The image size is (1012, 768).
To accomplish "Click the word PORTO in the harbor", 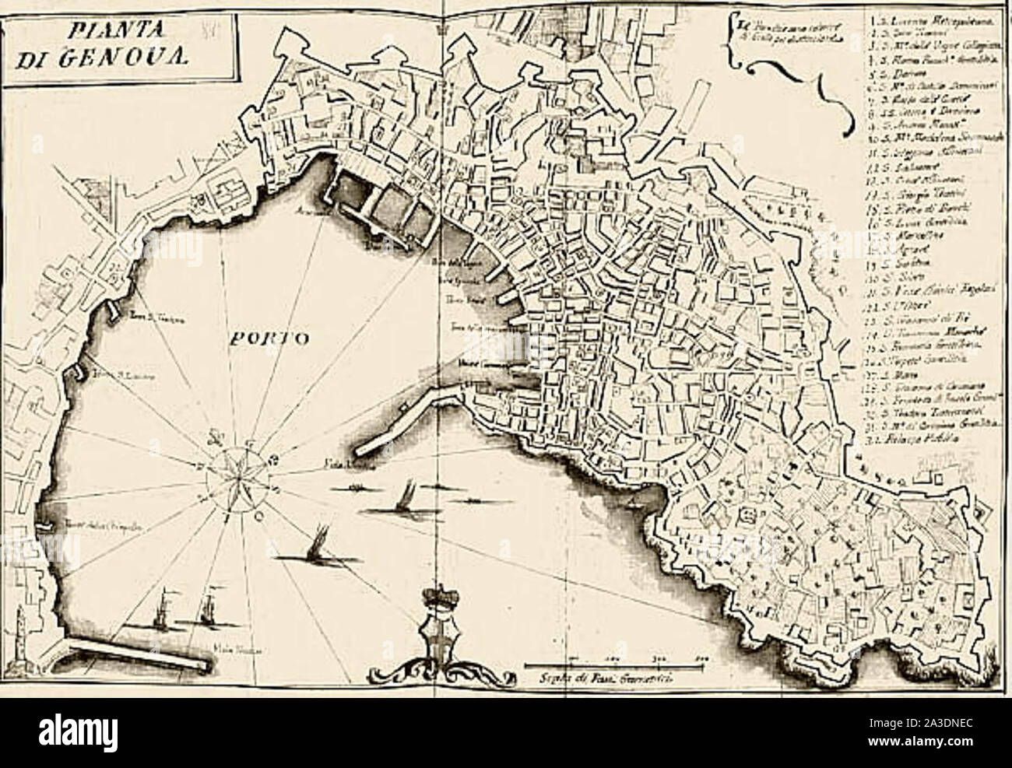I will (269, 339).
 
